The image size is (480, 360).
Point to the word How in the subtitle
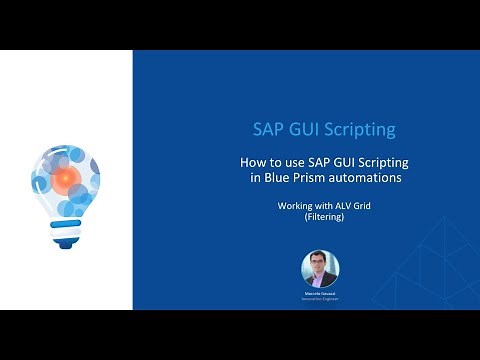(254, 162)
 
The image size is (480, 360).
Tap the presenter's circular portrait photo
(320, 269)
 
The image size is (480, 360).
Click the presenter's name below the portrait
(320, 295)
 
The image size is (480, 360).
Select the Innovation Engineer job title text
(320, 301)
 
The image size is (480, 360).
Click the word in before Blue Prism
(254, 178)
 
